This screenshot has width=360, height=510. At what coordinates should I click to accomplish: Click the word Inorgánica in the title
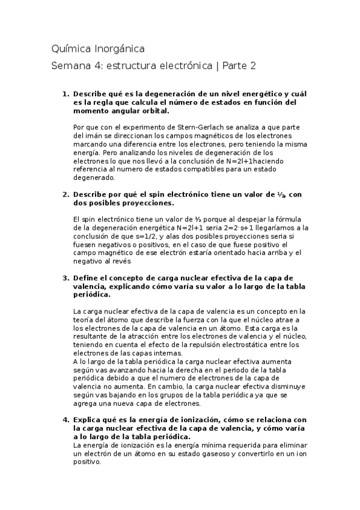[118, 48]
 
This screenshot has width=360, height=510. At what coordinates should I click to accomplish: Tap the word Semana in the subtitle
[72, 66]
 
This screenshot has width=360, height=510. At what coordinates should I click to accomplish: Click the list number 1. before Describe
[67, 95]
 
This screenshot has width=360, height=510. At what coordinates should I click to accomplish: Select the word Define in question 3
[87, 278]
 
